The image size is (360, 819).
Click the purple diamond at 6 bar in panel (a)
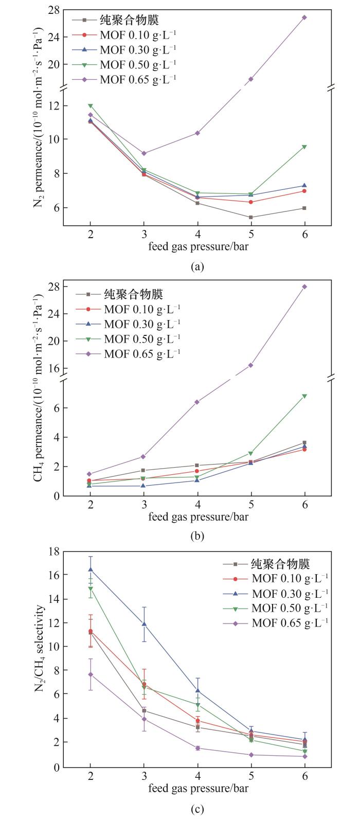click(304, 17)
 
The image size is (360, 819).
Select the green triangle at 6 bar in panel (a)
click(304, 147)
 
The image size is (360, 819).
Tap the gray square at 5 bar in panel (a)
click(251, 217)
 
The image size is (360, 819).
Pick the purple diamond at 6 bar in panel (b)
click(304, 287)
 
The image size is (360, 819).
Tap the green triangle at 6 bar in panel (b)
click(304, 396)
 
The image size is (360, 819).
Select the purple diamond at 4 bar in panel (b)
click(197, 402)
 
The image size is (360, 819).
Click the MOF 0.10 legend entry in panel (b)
click(142, 309)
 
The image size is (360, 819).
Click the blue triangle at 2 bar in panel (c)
click(91, 569)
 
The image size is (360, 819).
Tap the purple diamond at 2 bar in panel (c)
click(91, 688)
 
